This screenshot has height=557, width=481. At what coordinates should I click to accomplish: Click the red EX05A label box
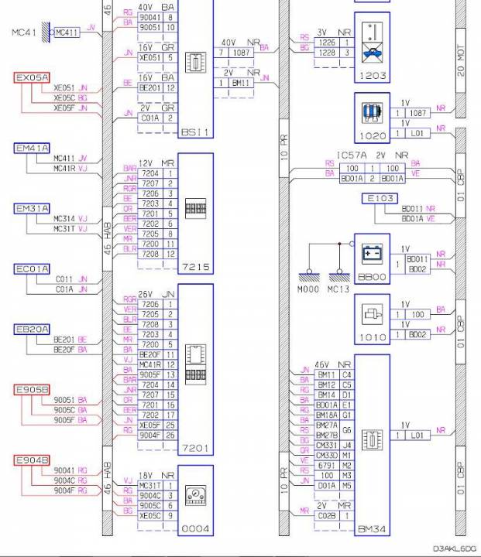pyautogui.click(x=32, y=78)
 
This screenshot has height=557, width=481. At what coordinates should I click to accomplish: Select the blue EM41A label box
pyautogui.click(x=32, y=148)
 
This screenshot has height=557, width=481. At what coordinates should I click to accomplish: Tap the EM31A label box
pyautogui.click(x=32, y=209)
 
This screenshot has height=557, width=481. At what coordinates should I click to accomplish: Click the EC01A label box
pyautogui.click(x=32, y=269)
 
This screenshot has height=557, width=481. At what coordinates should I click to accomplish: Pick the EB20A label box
pyautogui.click(x=32, y=330)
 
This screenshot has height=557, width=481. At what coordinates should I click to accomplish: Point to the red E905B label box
pyautogui.click(x=32, y=389)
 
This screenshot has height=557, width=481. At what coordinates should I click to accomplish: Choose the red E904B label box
pyautogui.click(x=32, y=460)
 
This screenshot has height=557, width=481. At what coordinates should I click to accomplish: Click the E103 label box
pyautogui.click(x=380, y=199)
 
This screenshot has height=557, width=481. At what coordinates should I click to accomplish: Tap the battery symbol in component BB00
pyautogui.click(x=372, y=253)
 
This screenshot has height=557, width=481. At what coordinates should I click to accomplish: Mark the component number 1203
pyautogui.click(x=371, y=76)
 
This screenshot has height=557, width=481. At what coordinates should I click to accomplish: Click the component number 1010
pyautogui.click(x=371, y=338)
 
